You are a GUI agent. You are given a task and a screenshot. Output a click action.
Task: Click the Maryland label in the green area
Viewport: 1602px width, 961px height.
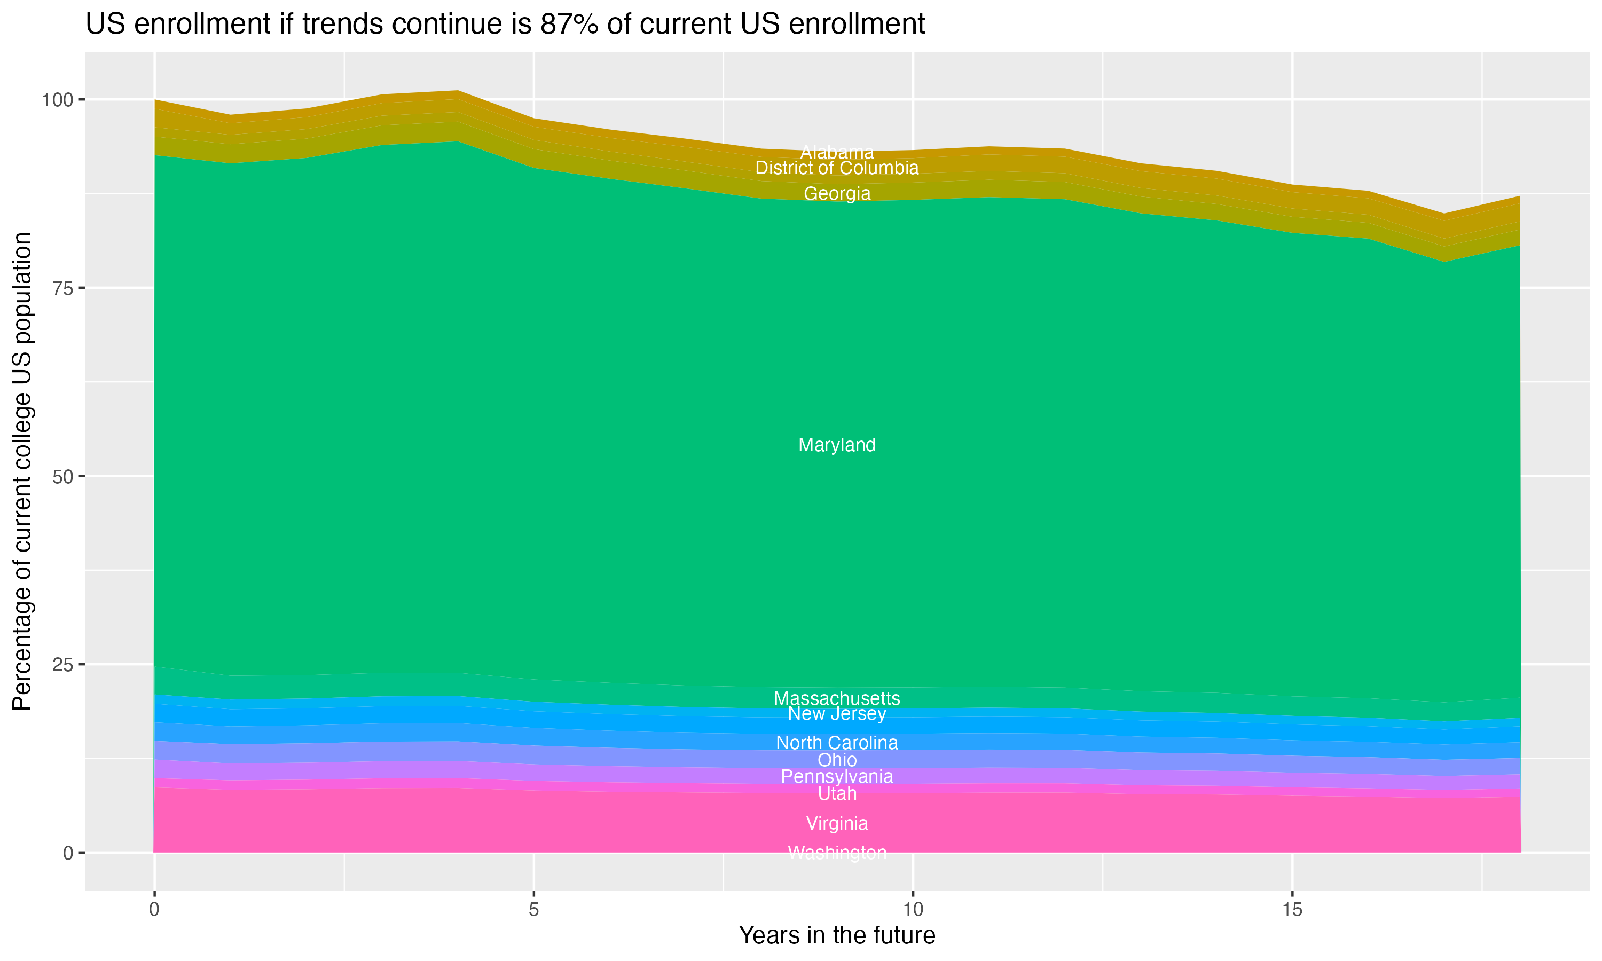point(837,445)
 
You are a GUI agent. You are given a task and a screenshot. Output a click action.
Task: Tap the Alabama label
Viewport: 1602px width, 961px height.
point(837,152)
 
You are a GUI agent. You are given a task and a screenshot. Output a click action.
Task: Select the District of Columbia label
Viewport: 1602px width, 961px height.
point(837,168)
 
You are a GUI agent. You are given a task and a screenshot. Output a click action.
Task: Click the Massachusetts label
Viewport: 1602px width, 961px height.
point(837,698)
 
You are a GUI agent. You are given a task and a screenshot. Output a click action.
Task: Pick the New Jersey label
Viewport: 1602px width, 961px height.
point(837,714)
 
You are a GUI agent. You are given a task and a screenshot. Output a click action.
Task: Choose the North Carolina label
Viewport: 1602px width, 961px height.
point(837,743)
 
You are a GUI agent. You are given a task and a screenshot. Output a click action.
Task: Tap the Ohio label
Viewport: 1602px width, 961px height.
point(837,760)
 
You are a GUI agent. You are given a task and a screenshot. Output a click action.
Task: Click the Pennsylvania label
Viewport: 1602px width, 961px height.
point(837,776)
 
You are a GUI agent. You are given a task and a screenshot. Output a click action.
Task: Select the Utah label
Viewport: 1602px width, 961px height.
point(837,793)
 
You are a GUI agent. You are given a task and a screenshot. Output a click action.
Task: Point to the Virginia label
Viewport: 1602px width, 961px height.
point(837,823)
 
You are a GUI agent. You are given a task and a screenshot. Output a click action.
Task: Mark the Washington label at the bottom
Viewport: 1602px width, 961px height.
point(837,853)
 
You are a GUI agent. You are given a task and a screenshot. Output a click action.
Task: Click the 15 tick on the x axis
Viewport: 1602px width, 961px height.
point(1292,910)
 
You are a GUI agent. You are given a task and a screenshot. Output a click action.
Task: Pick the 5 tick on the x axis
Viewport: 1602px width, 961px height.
point(533,910)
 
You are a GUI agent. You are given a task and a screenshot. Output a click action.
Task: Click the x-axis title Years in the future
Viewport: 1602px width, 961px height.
point(837,935)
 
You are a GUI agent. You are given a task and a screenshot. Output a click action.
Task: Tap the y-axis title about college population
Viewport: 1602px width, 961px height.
point(22,471)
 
